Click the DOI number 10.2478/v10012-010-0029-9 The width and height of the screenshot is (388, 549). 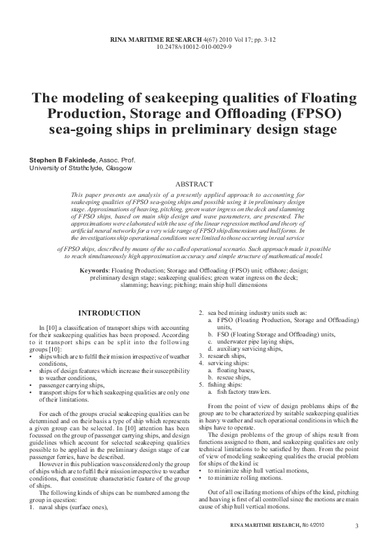pos(194,48)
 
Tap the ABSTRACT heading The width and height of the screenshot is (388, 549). pos(194,185)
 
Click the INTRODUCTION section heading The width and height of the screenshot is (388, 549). pos(109,314)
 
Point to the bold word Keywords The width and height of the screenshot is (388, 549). pos(94,270)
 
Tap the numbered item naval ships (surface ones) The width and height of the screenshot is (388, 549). pos(72,505)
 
